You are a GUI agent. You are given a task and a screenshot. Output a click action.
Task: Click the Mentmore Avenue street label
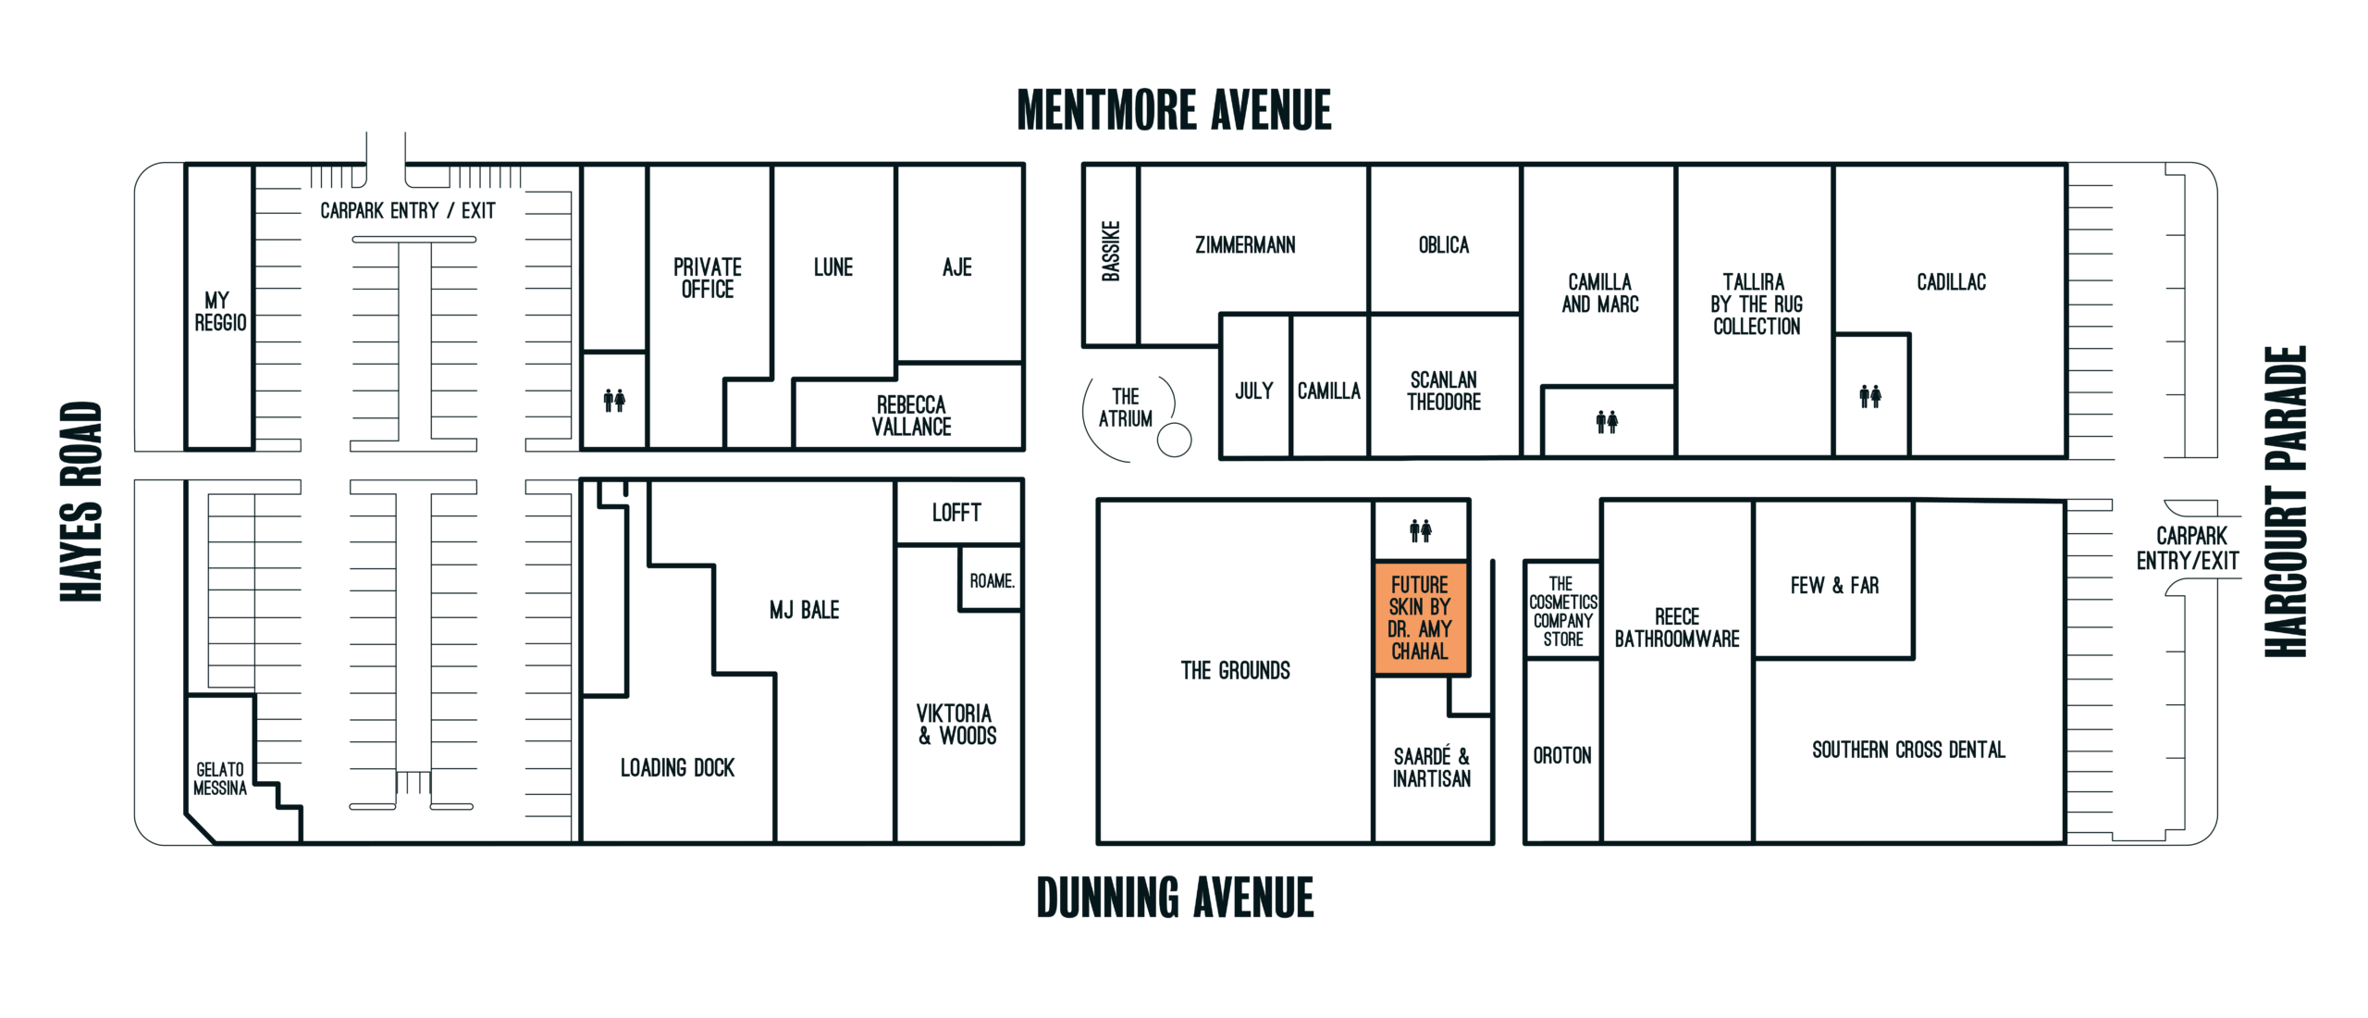coord(1174,110)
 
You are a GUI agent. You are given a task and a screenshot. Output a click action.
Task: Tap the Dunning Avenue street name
coord(1175,898)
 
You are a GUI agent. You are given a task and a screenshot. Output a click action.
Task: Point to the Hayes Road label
coord(80,502)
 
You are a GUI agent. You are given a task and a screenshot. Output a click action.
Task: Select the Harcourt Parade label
coord(2285,502)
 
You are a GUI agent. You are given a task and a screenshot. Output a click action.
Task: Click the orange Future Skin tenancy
coord(1421,618)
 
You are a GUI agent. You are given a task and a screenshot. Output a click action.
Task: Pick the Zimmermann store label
coord(1245,245)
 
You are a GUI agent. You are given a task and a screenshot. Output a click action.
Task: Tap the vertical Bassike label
coord(1111,251)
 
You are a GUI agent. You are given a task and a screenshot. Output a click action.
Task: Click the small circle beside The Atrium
coord(1174,440)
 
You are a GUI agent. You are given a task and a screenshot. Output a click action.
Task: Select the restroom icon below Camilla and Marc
coord(1607,422)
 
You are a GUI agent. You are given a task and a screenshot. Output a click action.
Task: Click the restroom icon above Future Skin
coord(1421,530)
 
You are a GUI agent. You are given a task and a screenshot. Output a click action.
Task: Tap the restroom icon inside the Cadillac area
coord(1870,396)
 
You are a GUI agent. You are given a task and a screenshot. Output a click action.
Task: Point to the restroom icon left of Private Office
coord(614,400)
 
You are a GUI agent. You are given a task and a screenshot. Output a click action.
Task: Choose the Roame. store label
coord(992,581)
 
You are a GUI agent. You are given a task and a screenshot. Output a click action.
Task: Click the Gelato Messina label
coord(220,779)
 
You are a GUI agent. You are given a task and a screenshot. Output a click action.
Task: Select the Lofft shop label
coord(956,513)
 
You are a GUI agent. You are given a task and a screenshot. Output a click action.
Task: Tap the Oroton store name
coord(1562,756)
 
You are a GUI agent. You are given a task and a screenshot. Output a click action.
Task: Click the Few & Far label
coord(1834,586)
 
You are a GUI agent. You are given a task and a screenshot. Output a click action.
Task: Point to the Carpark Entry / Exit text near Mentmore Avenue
coord(408,211)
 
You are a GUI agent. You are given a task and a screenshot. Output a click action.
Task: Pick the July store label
coord(1254,391)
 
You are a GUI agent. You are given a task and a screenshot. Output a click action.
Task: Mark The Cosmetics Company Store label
coord(1563,612)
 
